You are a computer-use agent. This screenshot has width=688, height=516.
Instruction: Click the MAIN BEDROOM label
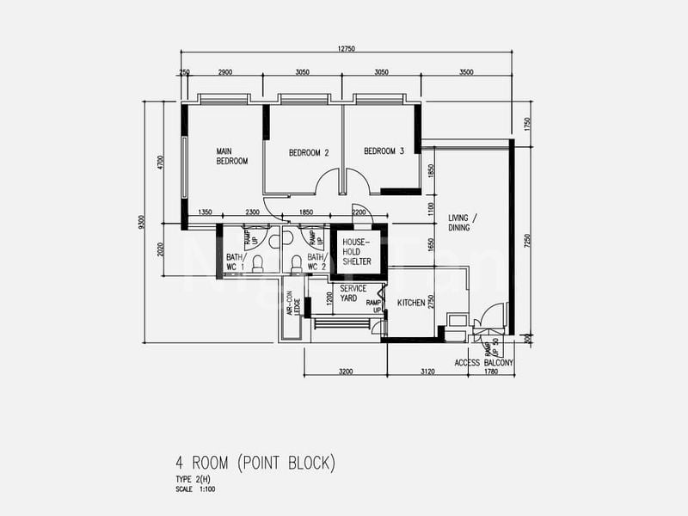click(x=232, y=156)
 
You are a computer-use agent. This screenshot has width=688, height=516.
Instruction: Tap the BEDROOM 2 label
click(x=309, y=153)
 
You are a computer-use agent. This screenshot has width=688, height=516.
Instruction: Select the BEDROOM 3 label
click(x=384, y=151)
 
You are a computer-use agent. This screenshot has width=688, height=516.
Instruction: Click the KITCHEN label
click(x=412, y=303)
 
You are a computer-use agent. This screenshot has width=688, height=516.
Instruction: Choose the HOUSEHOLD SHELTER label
click(x=355, y=251)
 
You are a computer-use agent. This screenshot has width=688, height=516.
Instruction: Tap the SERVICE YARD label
click(x=354, y=293)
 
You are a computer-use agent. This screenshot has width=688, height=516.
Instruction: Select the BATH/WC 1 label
click(x=235, y=262)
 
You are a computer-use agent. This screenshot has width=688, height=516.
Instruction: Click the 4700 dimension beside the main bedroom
click(x=161, y=163)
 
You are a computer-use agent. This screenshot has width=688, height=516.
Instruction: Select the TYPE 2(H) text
click(x=169, y=480)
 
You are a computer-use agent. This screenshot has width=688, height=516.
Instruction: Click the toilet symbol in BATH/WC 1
click(x=257, y=265)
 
